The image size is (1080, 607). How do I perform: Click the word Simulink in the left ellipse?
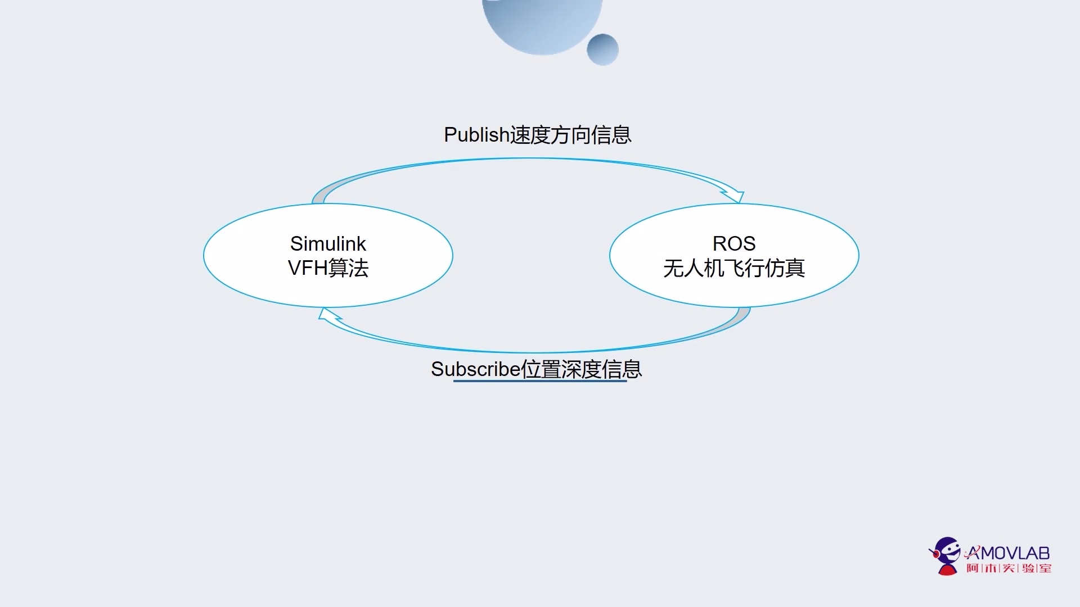328,243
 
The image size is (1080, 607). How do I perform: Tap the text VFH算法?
328,268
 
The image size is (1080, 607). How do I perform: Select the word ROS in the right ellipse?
734,243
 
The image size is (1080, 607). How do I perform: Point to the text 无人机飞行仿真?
734,268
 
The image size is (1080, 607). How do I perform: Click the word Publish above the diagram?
476,135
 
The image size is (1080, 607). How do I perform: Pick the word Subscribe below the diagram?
475,369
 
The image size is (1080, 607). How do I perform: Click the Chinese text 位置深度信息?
582,369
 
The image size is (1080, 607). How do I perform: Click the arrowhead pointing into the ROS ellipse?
735,196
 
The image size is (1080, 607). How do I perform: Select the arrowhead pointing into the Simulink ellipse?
328,315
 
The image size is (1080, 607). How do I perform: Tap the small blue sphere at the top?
602,49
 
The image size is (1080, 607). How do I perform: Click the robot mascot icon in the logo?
947,555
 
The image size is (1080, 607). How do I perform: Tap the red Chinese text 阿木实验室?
1009,568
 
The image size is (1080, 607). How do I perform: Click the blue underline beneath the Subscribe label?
540,381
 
